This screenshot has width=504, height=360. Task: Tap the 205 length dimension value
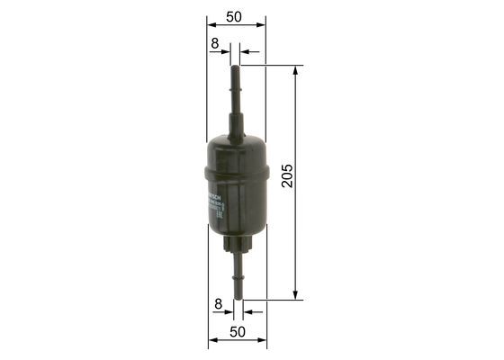[287, 175]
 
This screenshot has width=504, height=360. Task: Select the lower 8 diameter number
[218, 304]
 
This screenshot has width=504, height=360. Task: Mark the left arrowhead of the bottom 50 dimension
[211, 342]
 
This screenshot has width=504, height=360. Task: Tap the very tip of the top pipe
[238, 66]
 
